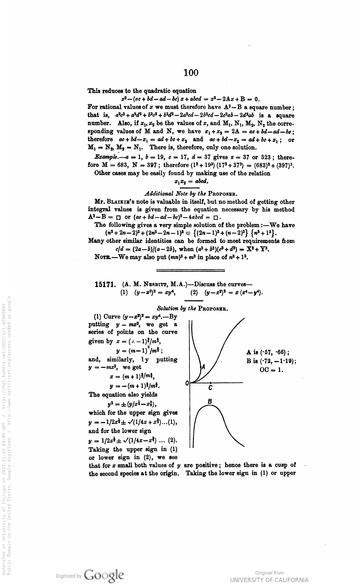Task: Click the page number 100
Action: pos(191,73)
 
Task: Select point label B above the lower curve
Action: pos(210,401)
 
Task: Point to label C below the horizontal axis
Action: pos(210,388)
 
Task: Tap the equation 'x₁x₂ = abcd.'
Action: pos(191,181)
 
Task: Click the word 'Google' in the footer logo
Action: pos(104,575)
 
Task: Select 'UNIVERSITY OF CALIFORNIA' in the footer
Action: pos(269,580)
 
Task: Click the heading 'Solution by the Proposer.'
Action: pos(193,308)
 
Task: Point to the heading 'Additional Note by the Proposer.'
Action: pos(191,194)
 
